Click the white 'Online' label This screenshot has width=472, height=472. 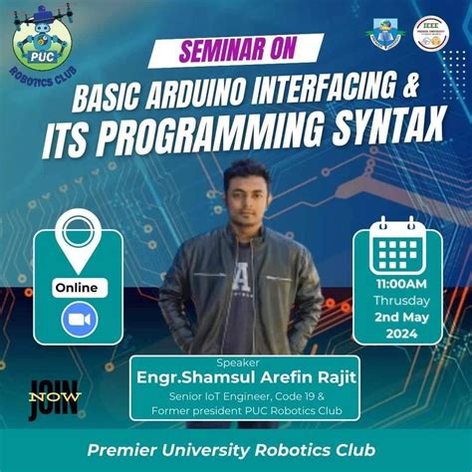coord(77,288)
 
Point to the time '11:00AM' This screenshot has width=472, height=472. coord(400,284)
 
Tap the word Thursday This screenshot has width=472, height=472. coord(401,300)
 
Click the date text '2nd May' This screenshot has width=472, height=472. coord(401,317)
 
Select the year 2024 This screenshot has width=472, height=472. coord(401,334)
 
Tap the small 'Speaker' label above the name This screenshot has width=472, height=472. coord(235,360)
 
